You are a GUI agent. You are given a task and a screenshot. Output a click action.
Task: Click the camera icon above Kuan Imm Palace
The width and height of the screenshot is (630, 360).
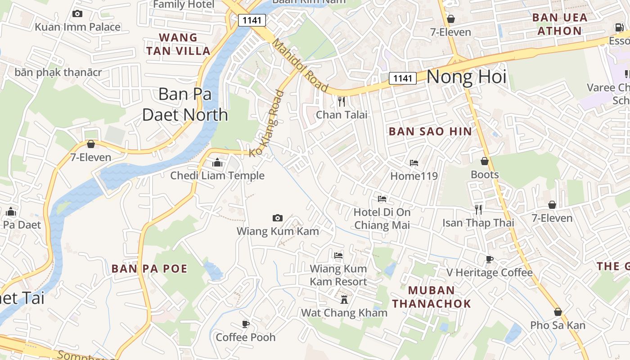click(x=77, y=14)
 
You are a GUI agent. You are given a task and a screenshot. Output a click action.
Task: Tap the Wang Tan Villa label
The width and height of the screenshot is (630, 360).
click(x=179, y=44)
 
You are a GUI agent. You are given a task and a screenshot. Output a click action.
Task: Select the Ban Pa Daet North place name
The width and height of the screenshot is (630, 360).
click(x=185, y=104)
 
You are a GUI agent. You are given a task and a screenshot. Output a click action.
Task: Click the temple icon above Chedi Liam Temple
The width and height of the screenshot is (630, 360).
click(x=217, y=162)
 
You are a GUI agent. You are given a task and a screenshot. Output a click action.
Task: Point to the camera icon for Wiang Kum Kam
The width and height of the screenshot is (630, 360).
click(x=278, y=218)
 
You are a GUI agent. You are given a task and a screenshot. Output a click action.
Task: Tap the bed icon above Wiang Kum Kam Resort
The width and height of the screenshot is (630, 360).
click(x=338, y=256)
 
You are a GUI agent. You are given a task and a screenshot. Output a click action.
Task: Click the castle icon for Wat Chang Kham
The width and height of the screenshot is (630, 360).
click(x=344, y=300)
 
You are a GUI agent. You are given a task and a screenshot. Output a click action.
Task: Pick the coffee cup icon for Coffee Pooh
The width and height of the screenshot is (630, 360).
click(x=246, y=324)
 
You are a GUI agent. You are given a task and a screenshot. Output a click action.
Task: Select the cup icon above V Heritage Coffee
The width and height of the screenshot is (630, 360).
click(x=490, y=259)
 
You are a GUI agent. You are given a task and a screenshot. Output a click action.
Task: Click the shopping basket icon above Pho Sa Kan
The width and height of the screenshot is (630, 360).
click(x=558, y=312)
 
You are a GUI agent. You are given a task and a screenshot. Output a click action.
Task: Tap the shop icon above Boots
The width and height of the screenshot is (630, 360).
click(x=485, y=161)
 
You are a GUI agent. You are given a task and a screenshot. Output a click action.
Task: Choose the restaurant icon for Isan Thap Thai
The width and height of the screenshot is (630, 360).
click(x=478, y=209)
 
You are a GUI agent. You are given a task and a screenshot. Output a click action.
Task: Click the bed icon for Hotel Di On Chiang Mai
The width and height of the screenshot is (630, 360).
click(x=382, y=198)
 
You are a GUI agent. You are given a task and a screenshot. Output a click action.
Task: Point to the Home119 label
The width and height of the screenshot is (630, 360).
click(x=414, y=176)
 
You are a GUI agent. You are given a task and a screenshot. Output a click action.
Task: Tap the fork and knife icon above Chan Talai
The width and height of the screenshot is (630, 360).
click(x=342, y=102)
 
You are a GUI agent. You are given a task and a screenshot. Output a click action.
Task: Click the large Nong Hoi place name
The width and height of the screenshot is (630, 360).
click(x=466, y=77)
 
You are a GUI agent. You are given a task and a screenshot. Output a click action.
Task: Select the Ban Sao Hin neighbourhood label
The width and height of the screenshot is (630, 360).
click(x=430, y=131)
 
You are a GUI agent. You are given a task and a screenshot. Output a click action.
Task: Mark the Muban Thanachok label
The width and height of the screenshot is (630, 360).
click(x=431, y=297)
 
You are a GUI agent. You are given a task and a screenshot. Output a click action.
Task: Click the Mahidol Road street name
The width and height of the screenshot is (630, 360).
click(x=300, y=66)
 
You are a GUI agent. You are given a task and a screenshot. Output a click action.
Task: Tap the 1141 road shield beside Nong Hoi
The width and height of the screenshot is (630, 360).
click(x=402, y=78)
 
